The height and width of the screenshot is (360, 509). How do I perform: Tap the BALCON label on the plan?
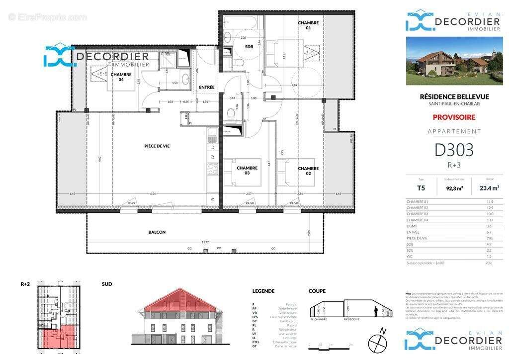tap(157, 232)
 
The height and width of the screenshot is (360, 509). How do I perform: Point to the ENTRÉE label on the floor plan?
tap(206, 88)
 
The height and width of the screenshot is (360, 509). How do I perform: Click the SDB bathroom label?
tap(249, 47)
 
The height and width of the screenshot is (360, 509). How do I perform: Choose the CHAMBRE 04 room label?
tap(121, 77)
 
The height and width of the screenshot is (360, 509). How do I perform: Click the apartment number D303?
tap(454, 150)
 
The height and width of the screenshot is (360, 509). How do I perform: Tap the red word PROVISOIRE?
tap(454, 117)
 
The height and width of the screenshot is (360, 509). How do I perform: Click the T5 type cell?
tap(421, 188)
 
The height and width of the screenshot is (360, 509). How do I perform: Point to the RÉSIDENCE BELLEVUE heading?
tap(454, 96)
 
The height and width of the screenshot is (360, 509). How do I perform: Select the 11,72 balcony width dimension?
tap(204, 242)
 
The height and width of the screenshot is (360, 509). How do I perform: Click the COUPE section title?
tap(317, 291)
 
